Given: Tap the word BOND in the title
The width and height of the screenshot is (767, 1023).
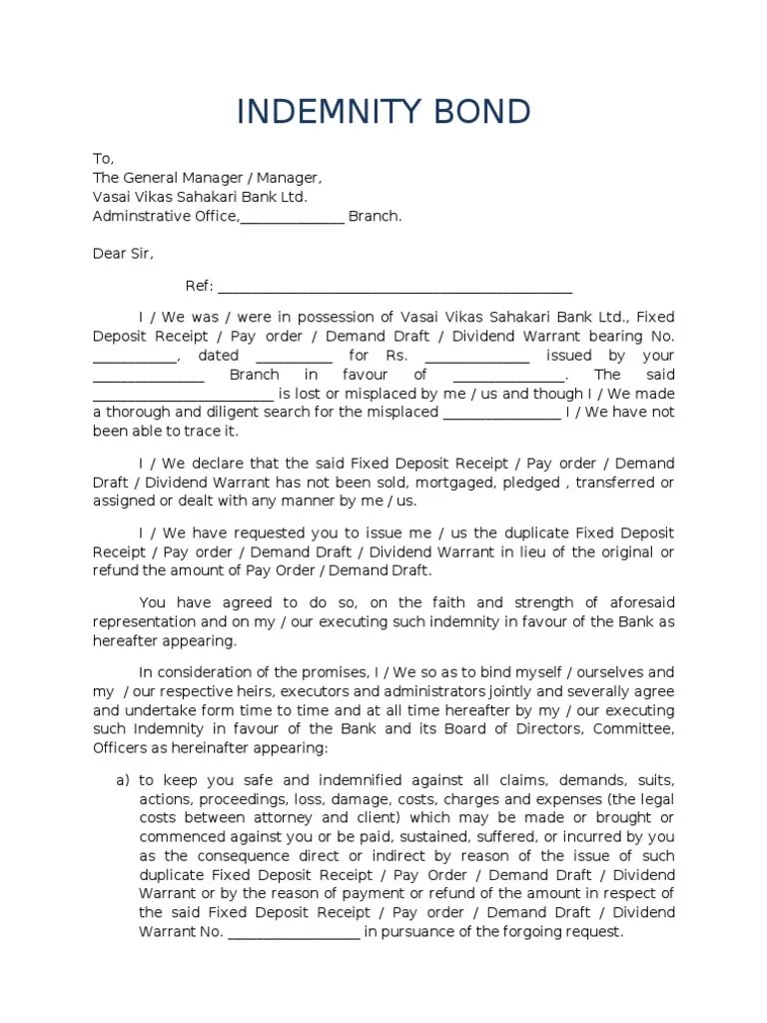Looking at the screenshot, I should point(486,113).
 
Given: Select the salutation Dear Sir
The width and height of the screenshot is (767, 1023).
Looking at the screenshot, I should point(123,254).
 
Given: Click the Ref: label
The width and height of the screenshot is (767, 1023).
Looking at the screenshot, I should point(200,287).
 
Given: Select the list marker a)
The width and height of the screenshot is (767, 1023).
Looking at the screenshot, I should point(124,779).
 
